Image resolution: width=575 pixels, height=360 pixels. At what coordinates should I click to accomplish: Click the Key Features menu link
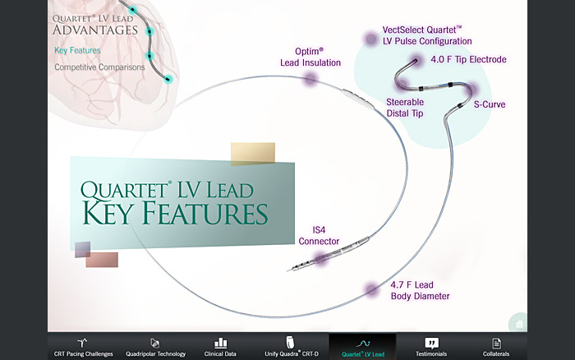point(77,51)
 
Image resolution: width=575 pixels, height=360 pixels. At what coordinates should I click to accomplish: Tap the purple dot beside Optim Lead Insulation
point(310,79)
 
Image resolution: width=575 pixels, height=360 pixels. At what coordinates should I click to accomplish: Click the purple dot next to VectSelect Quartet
point(371,38)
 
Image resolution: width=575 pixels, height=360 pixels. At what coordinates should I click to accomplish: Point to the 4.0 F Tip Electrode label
point(468,59)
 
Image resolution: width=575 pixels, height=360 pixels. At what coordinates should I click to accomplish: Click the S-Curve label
point(490,104)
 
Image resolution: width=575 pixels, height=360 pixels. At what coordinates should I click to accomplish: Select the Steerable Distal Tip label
point(405,108)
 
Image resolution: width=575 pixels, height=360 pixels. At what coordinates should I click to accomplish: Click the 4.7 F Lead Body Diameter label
point(420,290)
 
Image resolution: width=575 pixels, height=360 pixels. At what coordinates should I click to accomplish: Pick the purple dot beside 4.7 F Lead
point(372,288)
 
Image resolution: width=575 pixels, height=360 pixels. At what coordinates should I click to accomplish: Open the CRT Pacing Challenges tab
point(83,347)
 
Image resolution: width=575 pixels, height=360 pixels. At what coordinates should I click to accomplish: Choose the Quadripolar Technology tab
point(156,347)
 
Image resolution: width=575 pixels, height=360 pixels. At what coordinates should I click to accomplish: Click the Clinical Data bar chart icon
point(220,342)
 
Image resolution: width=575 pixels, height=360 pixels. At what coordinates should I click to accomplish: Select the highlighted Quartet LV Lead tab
point(361,347)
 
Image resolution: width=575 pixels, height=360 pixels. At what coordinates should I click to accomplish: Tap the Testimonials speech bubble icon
point(431,342)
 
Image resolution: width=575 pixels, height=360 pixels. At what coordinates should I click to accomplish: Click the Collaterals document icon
point(496,342)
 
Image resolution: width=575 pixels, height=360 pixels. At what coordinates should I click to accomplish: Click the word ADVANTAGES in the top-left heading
point(95,30)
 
